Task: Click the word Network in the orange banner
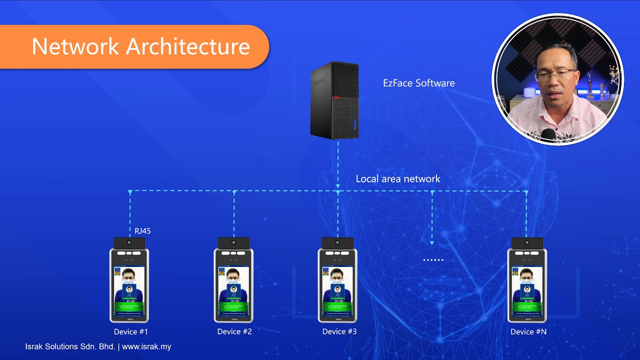(x=75, y=46)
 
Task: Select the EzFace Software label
(x=419, y=83)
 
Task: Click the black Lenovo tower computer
(x=334, y=100)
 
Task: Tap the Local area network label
(x=398, y=178)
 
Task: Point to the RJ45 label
(x=142, y=231)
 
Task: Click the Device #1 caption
(x=131, y=331)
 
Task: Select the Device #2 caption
(x=234, y=331)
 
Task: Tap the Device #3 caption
(x=339, y=331)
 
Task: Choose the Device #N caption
(x=528, y=331)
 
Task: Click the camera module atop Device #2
(x=233, y=243)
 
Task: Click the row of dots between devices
(x=433, y=260)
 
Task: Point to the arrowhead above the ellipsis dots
(x=432, y=243)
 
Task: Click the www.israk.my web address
(x=146, y=346)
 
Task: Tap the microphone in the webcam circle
(x=548, y=135)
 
